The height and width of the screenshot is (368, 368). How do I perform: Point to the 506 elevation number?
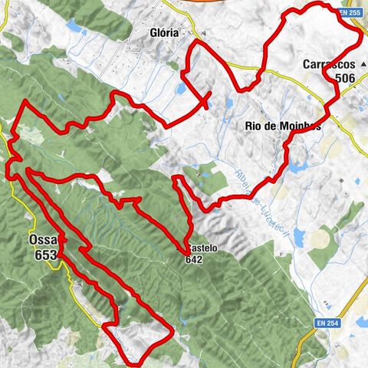tap(344, 78)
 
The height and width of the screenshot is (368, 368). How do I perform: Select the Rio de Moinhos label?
tap(284, 127)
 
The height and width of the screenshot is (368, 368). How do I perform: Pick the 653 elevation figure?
tap(45, 255)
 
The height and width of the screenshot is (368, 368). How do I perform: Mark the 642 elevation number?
tap(193, 259)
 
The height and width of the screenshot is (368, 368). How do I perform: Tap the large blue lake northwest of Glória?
tap(74, 28)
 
